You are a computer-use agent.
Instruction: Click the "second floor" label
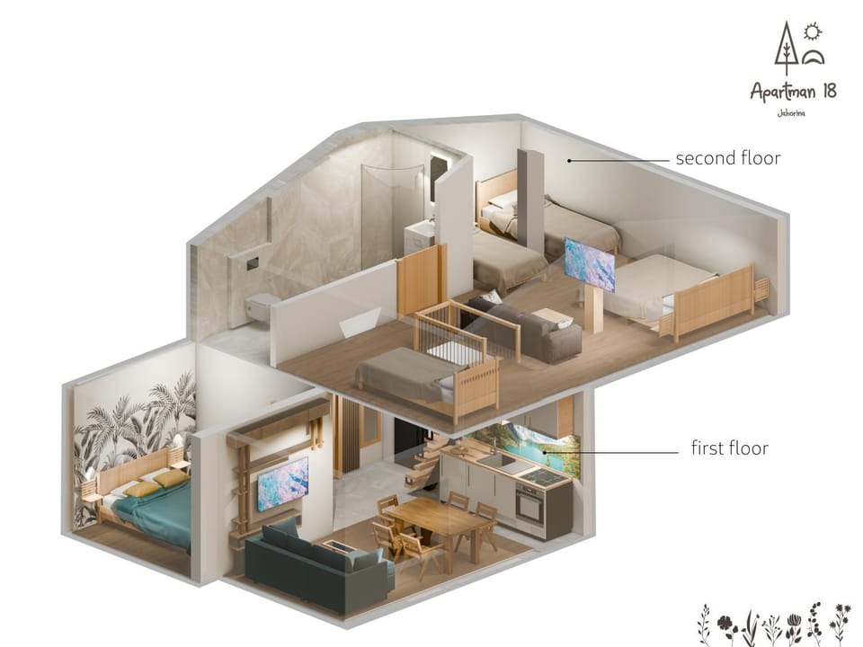(727, 158)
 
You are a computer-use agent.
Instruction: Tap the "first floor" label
(729, 448)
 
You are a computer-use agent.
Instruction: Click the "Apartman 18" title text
(793, 92)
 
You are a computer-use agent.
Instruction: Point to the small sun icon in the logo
(813, 32)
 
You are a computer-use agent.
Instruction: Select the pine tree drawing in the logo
(786, 49)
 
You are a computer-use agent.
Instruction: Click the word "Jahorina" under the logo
(791, 114)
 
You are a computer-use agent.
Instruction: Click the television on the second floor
(590, 264)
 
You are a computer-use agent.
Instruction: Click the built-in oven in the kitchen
(530, 506)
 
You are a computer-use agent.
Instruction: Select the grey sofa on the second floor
(524, 327)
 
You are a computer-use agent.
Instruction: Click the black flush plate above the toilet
(252, 263)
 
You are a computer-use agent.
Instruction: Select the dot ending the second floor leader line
(570, 161)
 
